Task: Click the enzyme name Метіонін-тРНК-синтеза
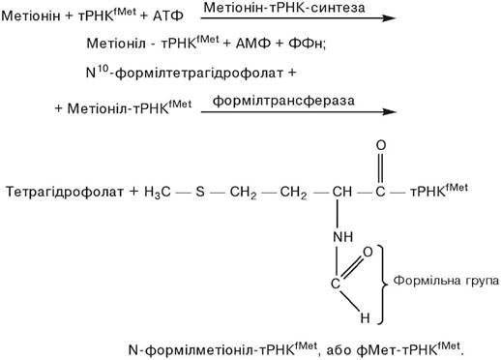284,8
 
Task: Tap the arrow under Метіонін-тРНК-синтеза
298,18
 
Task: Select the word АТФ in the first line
168,15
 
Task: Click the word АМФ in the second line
253,44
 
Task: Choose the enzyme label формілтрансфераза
283,101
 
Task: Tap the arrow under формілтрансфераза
299,112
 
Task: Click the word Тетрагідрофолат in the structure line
65,192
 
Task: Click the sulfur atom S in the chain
200,192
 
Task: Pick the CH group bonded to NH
342,192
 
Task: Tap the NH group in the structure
343,237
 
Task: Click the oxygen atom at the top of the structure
381,145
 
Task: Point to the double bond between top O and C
380,168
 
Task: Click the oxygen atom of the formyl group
368,252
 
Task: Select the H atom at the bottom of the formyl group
365,318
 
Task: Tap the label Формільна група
446,281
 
